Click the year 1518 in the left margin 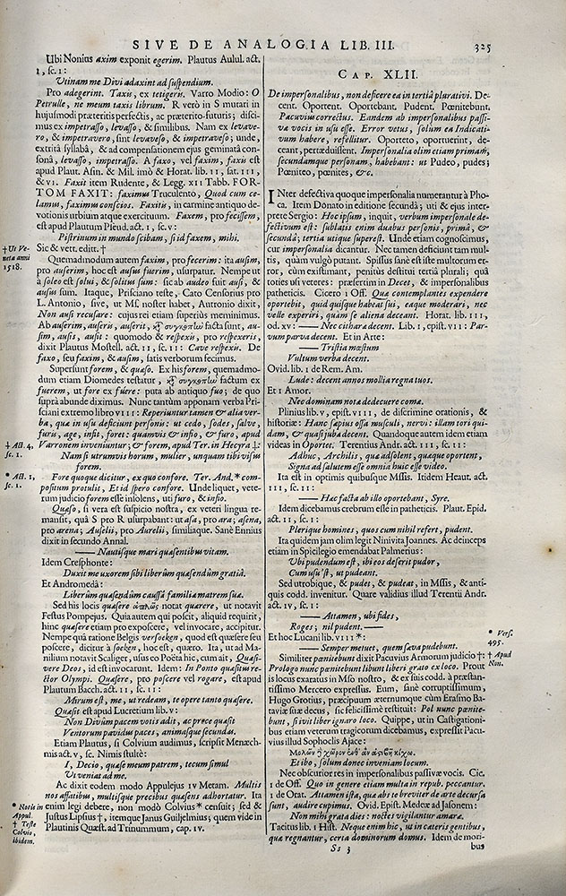pos(14,267)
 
